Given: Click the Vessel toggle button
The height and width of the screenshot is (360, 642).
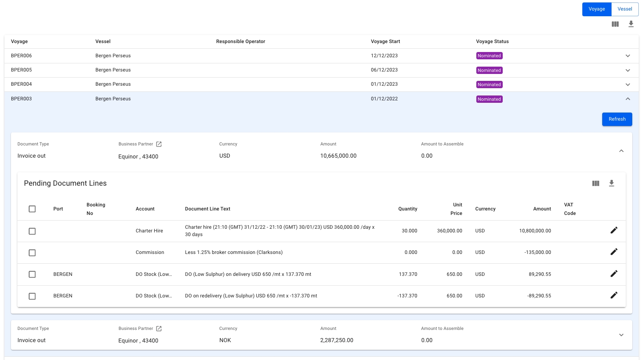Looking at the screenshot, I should [625, 9].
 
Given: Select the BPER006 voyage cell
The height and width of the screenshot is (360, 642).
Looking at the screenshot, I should [22, 56].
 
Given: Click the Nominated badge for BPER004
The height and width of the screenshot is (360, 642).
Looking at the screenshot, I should [489, 85].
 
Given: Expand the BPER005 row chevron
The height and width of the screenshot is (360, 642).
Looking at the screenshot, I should [627, 70].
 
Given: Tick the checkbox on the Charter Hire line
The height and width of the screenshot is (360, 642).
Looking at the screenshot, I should [32, 231].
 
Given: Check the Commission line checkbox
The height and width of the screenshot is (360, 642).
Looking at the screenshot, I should [32, 253].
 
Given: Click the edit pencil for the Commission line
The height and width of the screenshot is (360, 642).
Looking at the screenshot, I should [614, 252].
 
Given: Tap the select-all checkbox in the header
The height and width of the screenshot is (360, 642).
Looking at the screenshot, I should [32, 209].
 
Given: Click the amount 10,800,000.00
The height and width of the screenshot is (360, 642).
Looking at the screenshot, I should [535, 231].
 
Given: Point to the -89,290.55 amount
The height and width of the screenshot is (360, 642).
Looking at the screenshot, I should [539, 296].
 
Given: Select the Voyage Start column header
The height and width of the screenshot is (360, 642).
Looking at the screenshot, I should [385, 41].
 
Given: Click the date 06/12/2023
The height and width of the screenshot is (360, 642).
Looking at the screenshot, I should [384, 70].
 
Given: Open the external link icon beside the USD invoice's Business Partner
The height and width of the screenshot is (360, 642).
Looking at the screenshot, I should [159, 144].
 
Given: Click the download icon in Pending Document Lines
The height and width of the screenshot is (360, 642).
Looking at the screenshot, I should [611, 183].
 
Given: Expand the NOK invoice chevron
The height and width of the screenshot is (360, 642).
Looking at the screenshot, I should [621, 335].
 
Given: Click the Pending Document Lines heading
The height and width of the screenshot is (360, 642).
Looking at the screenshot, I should [65, 183].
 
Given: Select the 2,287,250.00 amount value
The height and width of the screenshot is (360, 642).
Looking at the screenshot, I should [337, 340].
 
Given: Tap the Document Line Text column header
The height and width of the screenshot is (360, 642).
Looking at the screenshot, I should [208, 209].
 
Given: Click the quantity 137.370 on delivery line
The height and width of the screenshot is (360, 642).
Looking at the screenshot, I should [408, 274].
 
